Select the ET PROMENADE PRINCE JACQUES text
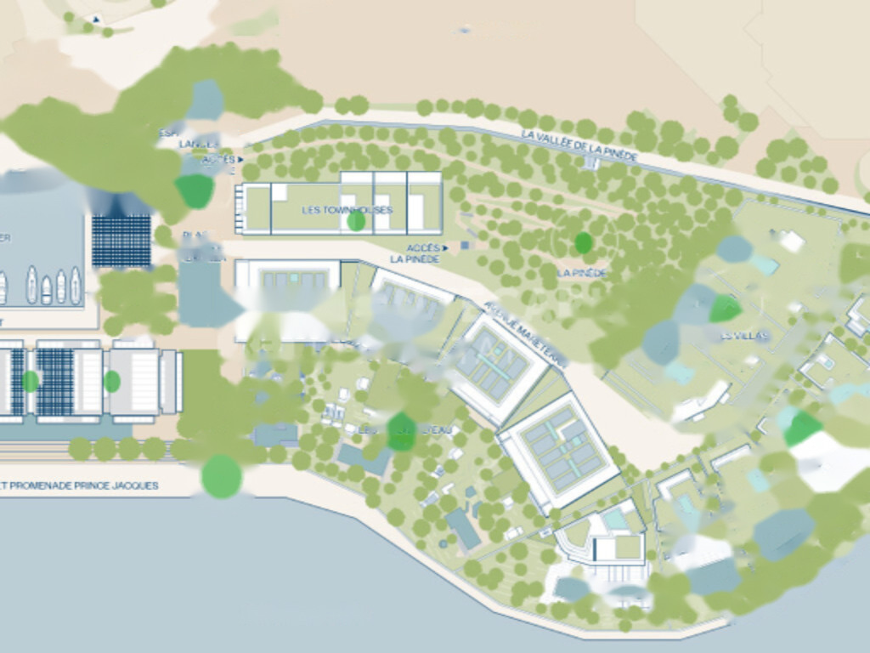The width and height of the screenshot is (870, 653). coord(81,485)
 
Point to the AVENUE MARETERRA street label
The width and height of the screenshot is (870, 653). coord(525,334)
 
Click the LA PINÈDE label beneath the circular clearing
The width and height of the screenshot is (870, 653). coord(583,273)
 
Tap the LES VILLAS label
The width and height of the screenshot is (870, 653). coord(744,336)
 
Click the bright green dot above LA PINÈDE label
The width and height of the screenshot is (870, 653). coord(583,243)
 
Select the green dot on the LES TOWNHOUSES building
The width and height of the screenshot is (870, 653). coord(356,221)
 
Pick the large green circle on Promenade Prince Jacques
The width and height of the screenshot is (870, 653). coord(222,475)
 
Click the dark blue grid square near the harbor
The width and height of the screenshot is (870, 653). coord(121,241)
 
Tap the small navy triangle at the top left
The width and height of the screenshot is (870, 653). coord(96,19)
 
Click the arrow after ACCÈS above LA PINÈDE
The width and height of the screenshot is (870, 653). coord(445,248)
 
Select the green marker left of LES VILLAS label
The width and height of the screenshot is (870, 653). coord(724,308)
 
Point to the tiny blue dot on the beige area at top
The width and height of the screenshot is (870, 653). coord(465,30)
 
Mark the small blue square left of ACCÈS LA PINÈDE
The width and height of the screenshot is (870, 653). coord(465,246)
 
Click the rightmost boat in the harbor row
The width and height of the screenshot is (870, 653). coord(76,285)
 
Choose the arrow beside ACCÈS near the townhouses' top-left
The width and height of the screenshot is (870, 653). coord(240,159)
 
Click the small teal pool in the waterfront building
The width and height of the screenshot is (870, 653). coord(614,519)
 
